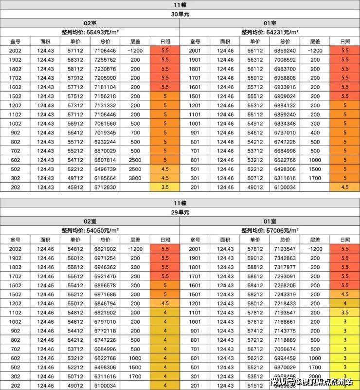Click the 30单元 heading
pos(180,14)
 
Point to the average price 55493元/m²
pos(90,32)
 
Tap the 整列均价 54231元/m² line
pos(270,32)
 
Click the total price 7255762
pos(105,59)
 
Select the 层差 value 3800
pos(135,178)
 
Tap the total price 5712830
pos(105,187)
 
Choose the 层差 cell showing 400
pos(315,132)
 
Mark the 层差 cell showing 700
pos(135,132)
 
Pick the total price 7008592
pos(285,59)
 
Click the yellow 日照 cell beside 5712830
pos(165,187)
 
